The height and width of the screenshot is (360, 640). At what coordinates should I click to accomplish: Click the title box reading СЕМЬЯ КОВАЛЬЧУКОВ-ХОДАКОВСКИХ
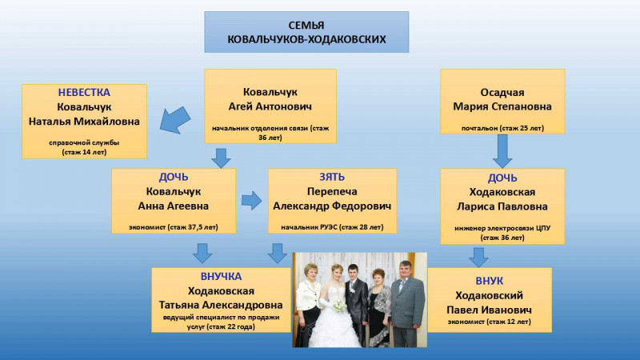pos(306,32)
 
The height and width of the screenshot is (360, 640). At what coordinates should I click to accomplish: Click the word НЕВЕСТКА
pos(84,92)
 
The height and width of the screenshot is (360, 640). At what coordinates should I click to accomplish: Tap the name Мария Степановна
pos(502,106)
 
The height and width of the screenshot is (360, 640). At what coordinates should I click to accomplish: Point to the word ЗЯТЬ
pos(331,177)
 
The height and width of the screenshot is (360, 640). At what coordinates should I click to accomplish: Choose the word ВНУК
pos(490,282)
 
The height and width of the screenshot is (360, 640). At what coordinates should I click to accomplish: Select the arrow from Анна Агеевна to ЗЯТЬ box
pos(251,201)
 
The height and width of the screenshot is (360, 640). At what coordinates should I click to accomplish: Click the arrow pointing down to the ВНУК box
pos(478,256)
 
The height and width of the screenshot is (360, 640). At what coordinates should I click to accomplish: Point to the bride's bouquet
pos(338,306)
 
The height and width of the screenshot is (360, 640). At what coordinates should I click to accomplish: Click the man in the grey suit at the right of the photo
pos(407,304)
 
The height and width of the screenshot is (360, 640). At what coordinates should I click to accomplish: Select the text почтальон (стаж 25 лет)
pos(502,127)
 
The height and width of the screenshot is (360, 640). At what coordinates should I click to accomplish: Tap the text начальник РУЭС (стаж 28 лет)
pos(331,227)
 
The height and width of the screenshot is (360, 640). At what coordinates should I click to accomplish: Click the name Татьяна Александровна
pos(221,305)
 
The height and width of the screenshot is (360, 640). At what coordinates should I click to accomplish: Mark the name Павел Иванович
pos(490,310)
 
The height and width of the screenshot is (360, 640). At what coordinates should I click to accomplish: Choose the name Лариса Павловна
pos(502,206)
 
